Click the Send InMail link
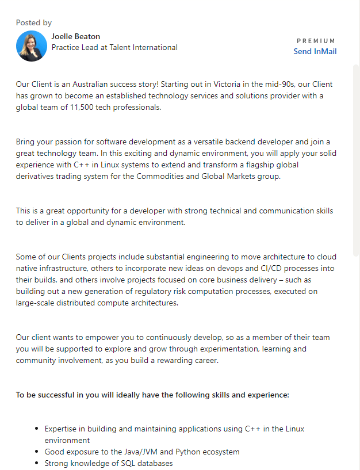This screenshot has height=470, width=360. [x=315, y=51]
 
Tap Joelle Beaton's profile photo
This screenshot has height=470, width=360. [x=32, y=46]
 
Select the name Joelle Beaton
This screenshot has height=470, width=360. [x=75, y=36]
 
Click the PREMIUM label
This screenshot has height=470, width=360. [x=316, y=41]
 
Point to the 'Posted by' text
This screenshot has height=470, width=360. [x=34, y=22]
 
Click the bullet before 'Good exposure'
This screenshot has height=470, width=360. [x=37, y=452]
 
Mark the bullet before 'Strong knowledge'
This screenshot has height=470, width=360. [x=37, y=463]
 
